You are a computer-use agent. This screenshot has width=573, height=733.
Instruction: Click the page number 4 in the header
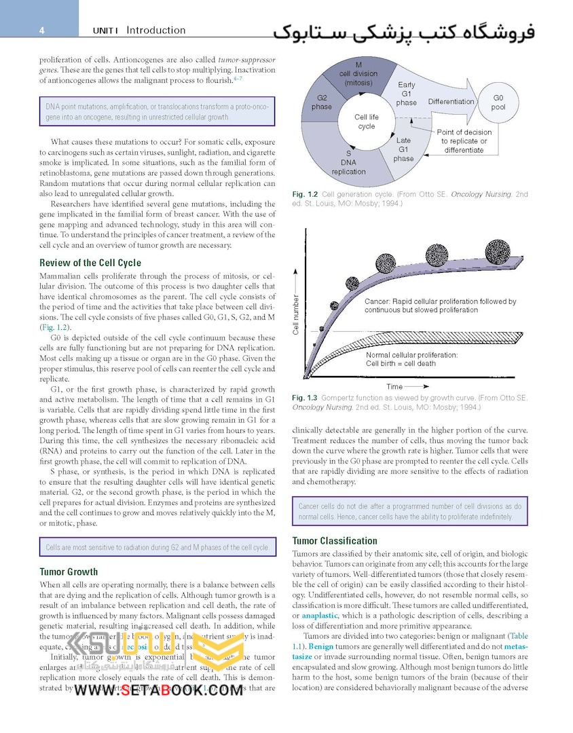pyautogui.click(x=42, y=31)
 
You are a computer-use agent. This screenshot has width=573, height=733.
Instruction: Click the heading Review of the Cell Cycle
pyautogui.click(x=90, y=263)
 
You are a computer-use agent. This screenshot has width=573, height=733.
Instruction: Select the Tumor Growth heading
pyautogui.click(x=69, y=571)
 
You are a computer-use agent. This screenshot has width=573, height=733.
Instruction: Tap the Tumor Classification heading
pyautogui.click(x=335, y=541)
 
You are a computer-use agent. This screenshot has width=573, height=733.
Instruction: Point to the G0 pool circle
pyautogui.click(x=498, y=102)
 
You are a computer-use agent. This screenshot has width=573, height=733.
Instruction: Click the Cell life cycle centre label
pyautogui.click(x=367, y=121)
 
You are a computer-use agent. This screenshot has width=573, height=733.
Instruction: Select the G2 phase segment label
pyautogui.click(x=322, y=102)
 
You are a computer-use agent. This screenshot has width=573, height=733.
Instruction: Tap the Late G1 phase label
pyautogui.click(x=403, y=149)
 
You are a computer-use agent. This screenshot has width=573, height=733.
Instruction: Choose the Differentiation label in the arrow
pyautogui.click(x=451, y=102)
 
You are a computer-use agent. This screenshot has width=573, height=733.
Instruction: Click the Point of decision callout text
pyautogui.click(x=464, y=141)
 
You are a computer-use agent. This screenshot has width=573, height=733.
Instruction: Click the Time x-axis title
pyautogui.click(x=394, y=386)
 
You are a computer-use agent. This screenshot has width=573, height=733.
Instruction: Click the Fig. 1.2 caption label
pyautogui.click(x=306, y=194)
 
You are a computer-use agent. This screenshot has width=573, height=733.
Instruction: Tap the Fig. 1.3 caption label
pyautogui.click(x=306, y=398)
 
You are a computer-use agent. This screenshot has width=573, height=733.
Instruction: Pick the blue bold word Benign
pyautogui.click(x=321, y=647)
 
